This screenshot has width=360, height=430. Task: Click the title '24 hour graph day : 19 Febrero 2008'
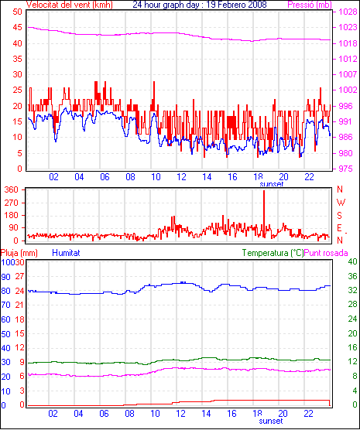click(x=200, y=5)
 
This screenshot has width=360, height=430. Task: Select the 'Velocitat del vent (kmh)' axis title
click(x=70, y=5)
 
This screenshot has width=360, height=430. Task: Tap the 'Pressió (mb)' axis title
click(x=310, y=5)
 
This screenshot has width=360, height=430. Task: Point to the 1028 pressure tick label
click(x=348, y=12)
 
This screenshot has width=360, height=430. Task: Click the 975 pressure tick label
click(x=348, y=169)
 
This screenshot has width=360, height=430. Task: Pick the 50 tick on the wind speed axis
click(x=17, y=12)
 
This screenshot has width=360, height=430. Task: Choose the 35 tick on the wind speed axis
click(x=17, y=59)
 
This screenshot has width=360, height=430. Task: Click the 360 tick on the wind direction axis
click(x=12, y=189)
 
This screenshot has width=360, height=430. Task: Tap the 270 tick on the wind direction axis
click(x=12, y=203)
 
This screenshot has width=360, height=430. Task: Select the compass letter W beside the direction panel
click(x=341, y=203)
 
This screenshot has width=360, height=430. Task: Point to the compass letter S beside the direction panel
click(x=339, y=216)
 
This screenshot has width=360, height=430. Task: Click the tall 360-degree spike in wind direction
click(x=264, y=214)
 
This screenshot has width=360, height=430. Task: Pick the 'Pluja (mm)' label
click(x=19, y=253)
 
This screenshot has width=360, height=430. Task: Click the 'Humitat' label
click(x=66, y=253)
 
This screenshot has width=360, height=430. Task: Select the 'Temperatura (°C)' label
click(x=273, y=253)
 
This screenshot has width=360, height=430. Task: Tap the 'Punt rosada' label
click(x=326, y=253)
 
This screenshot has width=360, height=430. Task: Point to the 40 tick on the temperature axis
click(x=352, y=261)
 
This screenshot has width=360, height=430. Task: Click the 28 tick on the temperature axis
click(x=352, y=304)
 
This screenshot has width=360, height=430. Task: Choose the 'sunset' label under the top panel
click(x=271, y=184)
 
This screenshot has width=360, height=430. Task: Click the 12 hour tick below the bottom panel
click(x=180, y=413)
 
